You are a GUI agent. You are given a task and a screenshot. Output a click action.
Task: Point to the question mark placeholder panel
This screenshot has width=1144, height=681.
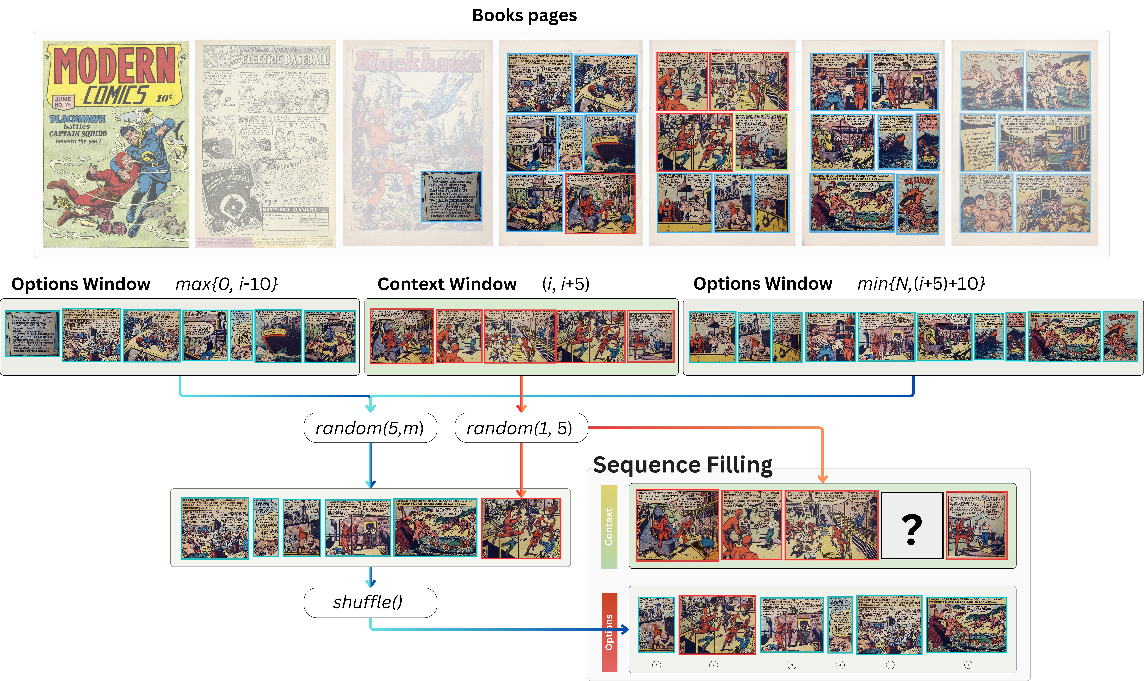pos(912,525)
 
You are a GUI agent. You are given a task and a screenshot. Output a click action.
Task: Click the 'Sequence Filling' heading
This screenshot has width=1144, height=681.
pos(682,465)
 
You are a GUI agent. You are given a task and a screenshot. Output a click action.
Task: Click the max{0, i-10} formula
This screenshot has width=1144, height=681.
pos(226,284)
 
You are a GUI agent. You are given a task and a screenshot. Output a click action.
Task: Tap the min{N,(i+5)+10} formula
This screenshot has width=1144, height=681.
pos(921,284)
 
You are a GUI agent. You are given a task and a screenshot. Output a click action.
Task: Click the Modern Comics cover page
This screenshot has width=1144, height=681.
pos(116,144)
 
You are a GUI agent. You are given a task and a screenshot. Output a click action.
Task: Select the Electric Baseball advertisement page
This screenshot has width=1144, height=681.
pos(266,144)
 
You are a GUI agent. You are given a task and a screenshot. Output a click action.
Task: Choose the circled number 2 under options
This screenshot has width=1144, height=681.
pos(713,665)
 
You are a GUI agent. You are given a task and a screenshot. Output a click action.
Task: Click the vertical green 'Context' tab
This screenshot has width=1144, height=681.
pos(609,527)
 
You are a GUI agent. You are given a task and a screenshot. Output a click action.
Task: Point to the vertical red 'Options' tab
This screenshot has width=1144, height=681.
pos(609,632)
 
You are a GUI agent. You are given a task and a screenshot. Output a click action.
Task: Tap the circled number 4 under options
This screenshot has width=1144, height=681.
pos(840,665)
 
